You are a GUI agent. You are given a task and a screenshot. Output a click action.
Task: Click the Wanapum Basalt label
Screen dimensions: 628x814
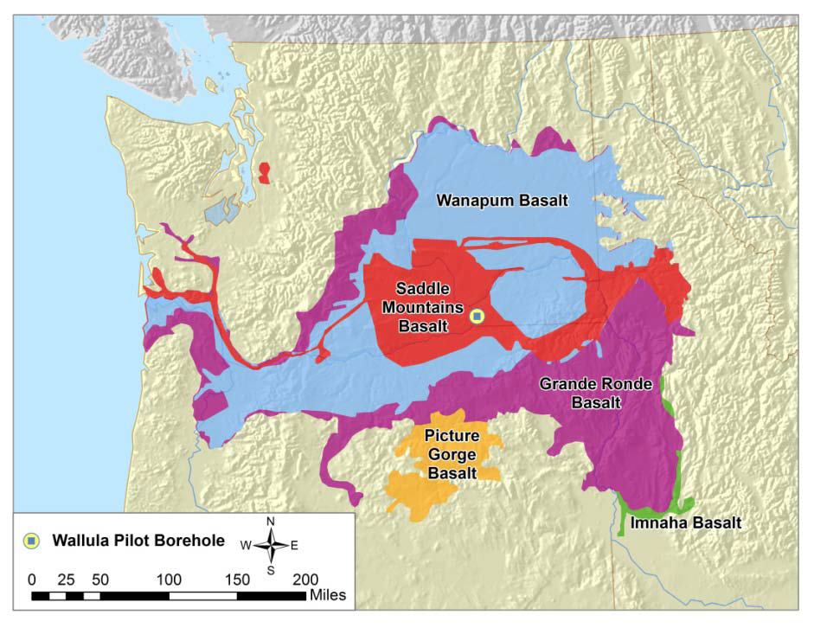click(502, 201)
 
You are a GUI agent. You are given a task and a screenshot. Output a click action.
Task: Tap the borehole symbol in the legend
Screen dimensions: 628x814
click(32, 541)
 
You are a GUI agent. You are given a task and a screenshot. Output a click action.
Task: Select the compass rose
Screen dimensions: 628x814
click(271, 545)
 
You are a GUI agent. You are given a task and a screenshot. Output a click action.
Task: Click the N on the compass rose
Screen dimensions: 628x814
click(271, 522)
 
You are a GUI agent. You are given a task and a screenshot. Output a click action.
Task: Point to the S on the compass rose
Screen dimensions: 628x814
click(271, 569)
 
